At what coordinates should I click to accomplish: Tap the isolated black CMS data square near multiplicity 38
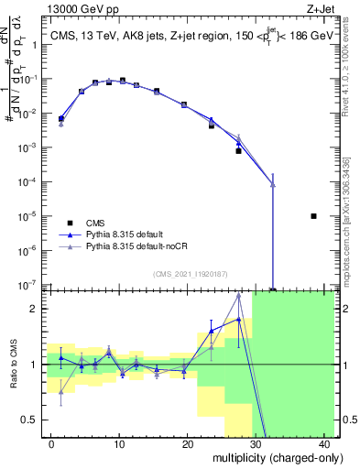point(313,216)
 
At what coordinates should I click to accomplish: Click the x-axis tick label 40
point(325,443)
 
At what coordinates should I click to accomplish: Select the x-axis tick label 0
point(50,443)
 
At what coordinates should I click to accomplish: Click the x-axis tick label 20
point(188,443)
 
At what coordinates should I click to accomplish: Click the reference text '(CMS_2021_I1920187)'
point(191,274)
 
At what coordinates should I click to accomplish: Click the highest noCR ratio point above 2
point(238,295)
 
